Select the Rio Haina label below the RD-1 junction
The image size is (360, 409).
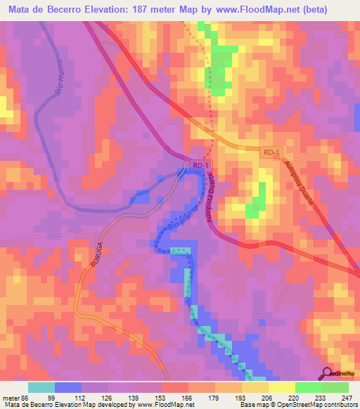coord(180,226)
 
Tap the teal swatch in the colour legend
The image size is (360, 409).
coord(41,387)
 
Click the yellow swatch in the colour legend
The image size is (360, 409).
coord(282,387)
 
